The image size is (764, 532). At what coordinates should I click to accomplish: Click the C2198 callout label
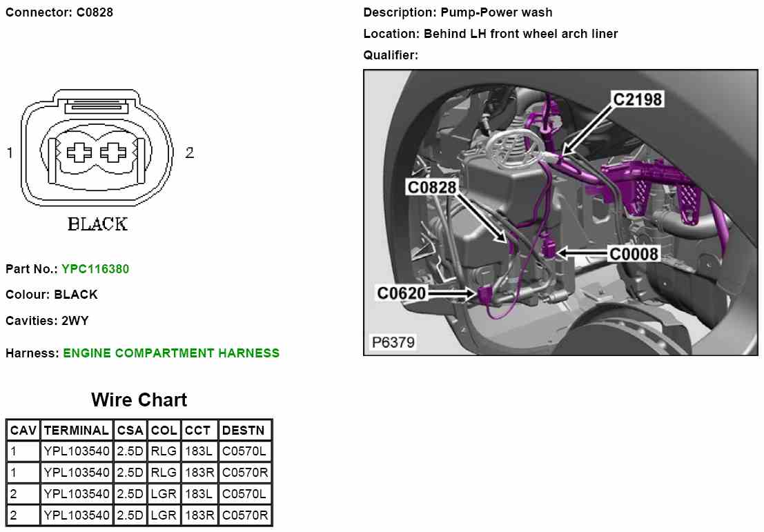638,100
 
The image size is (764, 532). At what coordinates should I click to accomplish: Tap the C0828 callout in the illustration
431,187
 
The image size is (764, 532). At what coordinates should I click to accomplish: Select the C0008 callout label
634,253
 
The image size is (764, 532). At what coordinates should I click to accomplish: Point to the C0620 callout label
401,293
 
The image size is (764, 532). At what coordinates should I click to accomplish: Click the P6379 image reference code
393,342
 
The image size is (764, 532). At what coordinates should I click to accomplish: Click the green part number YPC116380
95,269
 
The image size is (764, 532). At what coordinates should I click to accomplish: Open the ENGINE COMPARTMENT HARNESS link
171,353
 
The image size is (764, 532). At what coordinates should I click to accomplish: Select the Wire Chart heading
139,400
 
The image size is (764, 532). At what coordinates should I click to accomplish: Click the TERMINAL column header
76,431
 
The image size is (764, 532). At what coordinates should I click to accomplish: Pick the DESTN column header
244,431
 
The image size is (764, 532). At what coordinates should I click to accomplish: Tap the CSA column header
130,431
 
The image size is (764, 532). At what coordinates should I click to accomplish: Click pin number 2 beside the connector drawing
189,153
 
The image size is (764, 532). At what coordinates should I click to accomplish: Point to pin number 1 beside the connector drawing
10,153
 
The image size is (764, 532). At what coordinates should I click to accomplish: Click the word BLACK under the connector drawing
97,224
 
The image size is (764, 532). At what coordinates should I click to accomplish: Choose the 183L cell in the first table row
199,452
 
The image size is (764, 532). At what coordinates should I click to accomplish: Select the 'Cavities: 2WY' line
47,321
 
